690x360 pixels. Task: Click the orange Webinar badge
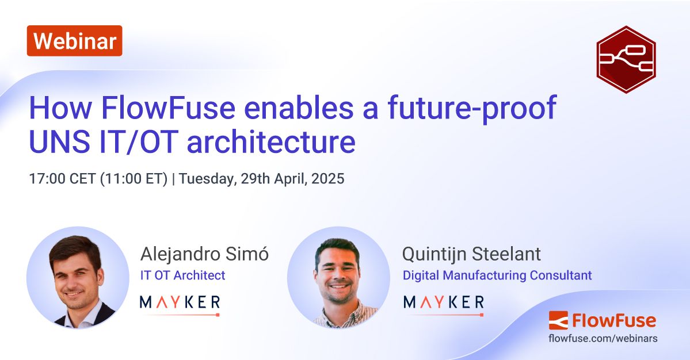(74, 41)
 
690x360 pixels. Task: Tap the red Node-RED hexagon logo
(626, 59)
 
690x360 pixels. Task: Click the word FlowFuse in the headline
(163, 108)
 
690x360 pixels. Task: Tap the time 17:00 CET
(63, 178)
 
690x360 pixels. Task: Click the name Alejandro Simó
(204, 254)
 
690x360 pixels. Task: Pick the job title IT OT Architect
(182, 275)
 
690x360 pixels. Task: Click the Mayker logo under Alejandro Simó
(180, 303)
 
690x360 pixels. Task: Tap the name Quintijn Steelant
(471, 254)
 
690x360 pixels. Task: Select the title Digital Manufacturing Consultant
(497, 275)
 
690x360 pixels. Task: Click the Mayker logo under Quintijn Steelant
(443, 303)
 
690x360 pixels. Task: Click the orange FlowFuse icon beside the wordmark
(558, 320)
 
